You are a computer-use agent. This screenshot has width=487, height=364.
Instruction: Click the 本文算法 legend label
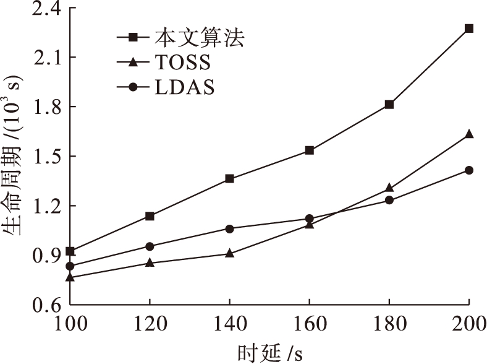(200, 38)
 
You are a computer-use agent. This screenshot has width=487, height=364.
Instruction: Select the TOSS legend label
(183, 63)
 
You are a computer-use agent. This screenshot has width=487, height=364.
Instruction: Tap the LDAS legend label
(185, 87)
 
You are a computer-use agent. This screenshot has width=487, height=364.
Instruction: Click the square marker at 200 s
(469, 28)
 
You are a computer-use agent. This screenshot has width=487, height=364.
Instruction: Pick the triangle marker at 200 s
(469, 134)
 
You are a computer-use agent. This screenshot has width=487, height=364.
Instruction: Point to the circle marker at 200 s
(469, 170)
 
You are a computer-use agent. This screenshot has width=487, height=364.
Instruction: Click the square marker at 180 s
(389, 105)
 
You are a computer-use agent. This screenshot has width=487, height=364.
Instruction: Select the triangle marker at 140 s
(229, 253)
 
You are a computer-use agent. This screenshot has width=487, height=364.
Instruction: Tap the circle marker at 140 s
(229, 228)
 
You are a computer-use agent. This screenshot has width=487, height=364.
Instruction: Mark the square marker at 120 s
(150, 216)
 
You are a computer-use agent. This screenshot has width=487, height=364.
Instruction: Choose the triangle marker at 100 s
(70, 277)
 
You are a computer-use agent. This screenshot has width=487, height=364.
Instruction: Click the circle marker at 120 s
(150, 246)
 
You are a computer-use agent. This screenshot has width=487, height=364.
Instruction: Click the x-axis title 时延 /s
(270, 352)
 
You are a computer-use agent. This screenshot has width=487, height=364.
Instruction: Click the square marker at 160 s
(309, 150)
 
